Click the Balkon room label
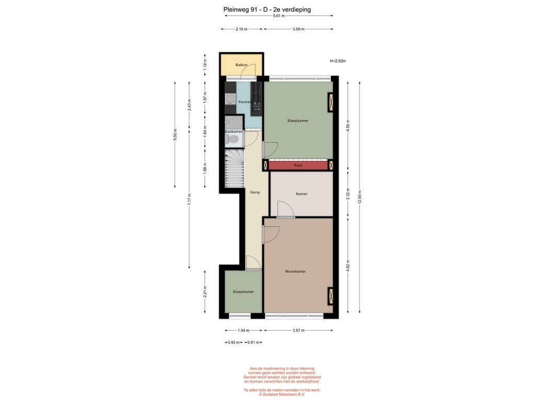pyautogui.click(x=241, y=65)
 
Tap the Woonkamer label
pyautogui.click(x=296, y=272)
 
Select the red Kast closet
pyautogui.click(x=298, y=166)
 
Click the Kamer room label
pyautogui.click(x=301, y=194)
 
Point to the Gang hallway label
pyautogui.click(x=255, y=192)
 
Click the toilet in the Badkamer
pyautogui.click(x=232, y=139)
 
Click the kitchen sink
pyautogui.click(x=230, y=99)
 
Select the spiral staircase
pyautogui.click(x=235, y=169)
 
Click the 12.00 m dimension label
pyautogui.click(x=359, y=197)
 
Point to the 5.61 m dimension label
pyautogui.click(x=279, y=16)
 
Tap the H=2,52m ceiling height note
pyautogui.click(x=338, y=61)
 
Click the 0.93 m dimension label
pyautogui.click(x=234, y=343)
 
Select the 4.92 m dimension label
pyautogui.click(x=347, y=266)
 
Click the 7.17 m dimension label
pyautogui.click(x=189, y=199)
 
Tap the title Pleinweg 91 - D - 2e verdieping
pyautogui.click(x=267, y=9)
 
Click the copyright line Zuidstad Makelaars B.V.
pyautogui.click(x=282, y=394)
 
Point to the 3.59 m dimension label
pyautogui.click(x=298, y=29)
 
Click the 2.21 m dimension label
pyautogui.click(x=205, y=292)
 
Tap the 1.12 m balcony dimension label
pyautogui.click(x=205, y=64)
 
